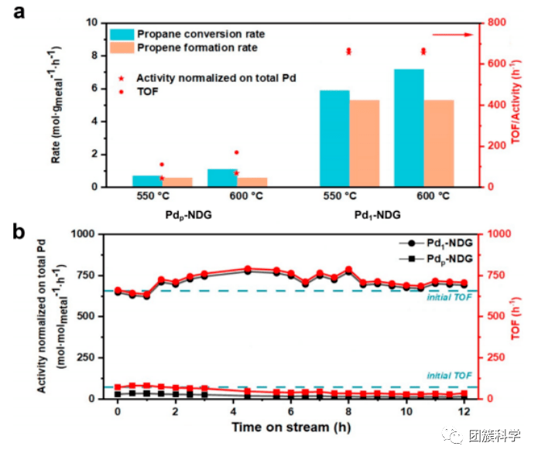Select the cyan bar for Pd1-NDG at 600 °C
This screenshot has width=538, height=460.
click(409, 128)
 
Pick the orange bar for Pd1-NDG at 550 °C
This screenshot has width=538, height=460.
click(364, 143)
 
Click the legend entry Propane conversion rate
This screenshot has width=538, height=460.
click(200, 34)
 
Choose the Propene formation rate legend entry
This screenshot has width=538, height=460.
click(197, 48)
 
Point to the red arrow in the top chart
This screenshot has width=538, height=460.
click(452, 35)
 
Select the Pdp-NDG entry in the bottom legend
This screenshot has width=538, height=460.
click(450, 257)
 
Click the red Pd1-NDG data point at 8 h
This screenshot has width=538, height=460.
click(348, 270)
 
